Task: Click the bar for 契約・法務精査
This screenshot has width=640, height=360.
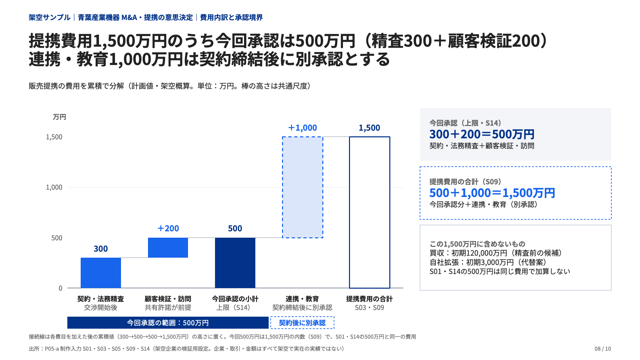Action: point(101,273)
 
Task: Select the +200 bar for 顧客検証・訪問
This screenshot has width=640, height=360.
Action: point(168,248)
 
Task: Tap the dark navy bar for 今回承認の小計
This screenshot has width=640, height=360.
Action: point(235,263)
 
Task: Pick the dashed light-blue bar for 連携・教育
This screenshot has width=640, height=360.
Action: point(303,187)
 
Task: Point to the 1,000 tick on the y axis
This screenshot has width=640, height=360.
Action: point(54,187)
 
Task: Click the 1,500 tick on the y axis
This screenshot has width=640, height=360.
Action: point(54,137)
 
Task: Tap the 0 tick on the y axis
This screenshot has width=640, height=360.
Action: point(60,288)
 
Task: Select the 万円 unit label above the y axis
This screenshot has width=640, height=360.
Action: point(59,117)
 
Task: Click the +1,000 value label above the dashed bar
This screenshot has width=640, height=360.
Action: point(303,128)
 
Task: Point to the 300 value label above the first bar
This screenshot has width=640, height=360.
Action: point(101,249)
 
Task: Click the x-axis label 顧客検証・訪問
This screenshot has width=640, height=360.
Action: point(168,299)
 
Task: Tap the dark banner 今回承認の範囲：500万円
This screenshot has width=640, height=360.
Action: point(168,323)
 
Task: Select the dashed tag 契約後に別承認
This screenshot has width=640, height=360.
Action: point(302,323)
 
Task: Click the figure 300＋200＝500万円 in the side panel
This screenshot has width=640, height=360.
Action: point(482,134)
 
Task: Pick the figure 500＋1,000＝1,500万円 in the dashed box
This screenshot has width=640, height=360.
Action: point(492,193)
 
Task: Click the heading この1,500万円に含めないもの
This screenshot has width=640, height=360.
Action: point(477,244)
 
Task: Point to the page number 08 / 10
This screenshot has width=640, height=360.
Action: point(603,349)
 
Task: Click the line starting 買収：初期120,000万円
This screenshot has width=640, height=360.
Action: point(496,253)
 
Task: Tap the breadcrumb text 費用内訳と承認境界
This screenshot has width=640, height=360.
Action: point(231,17)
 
